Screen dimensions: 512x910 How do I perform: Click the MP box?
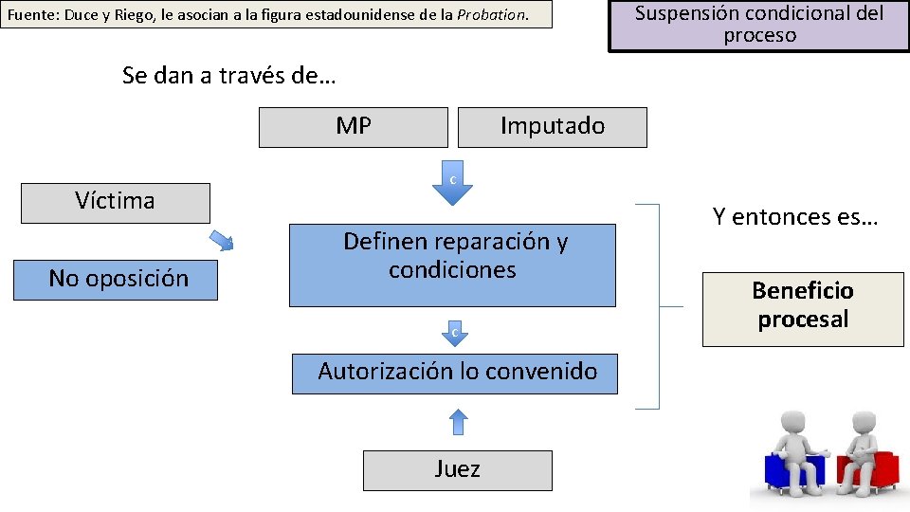pos(353,127)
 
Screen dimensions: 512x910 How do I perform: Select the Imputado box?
pos(552,127)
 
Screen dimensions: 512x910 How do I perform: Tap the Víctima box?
pos(115,202)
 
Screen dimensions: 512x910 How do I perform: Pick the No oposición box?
pos(119,279)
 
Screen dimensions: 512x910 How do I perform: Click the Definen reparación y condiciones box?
pos(452,265)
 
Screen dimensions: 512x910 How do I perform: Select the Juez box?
pos(457,469)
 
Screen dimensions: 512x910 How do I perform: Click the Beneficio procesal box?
pos(802,306)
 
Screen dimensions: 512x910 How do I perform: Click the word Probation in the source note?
pos(491,15)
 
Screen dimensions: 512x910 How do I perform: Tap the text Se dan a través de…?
pos(228,76)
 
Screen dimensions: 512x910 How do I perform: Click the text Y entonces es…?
pos(795,217)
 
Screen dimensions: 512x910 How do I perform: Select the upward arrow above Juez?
pos(458,421)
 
